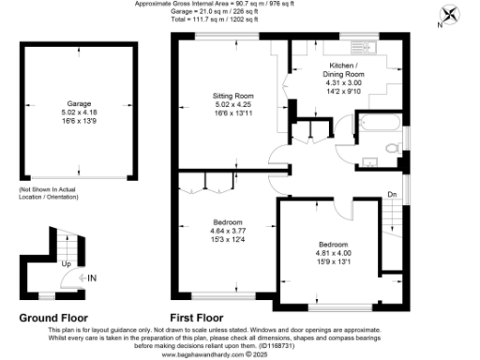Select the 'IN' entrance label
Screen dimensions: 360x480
92,277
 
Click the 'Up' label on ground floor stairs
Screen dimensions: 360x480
65,264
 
